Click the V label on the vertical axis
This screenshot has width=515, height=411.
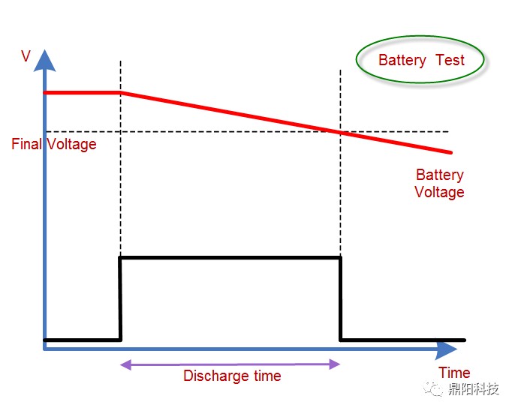coord(26,55)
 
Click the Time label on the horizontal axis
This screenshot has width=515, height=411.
coord(454,372)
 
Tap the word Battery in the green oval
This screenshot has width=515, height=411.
coord(402,60)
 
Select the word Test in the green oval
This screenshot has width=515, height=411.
coord(450,60)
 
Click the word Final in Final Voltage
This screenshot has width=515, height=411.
coord(28,143)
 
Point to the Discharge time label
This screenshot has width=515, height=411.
coord(232,376)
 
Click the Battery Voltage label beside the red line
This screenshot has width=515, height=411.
coord(439,183)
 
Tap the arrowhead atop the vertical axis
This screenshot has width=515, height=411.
coord(46,60)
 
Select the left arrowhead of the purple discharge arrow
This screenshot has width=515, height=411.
coord(125,364)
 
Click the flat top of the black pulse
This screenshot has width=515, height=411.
coord(230,258)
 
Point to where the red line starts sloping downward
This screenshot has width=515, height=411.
coord(122,92)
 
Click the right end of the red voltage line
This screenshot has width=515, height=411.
coord(450,151)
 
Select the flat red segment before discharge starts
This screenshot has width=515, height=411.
coord(83,92)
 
